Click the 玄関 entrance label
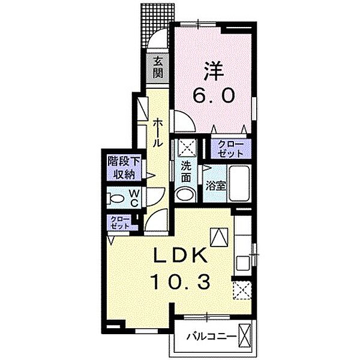[158, 68]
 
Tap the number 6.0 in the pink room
[214, 95]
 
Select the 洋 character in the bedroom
[214, 71]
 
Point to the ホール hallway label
[158, 133]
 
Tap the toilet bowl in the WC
[116, 198]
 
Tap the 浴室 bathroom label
[216, 186]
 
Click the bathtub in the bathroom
[239, 184]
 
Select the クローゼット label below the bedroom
[230, 149]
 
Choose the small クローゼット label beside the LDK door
[121, 223]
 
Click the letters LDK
[180, 257]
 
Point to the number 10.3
[180, 282]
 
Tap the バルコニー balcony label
[211, 337]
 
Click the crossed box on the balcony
[244, 336]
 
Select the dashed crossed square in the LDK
[242, 290]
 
